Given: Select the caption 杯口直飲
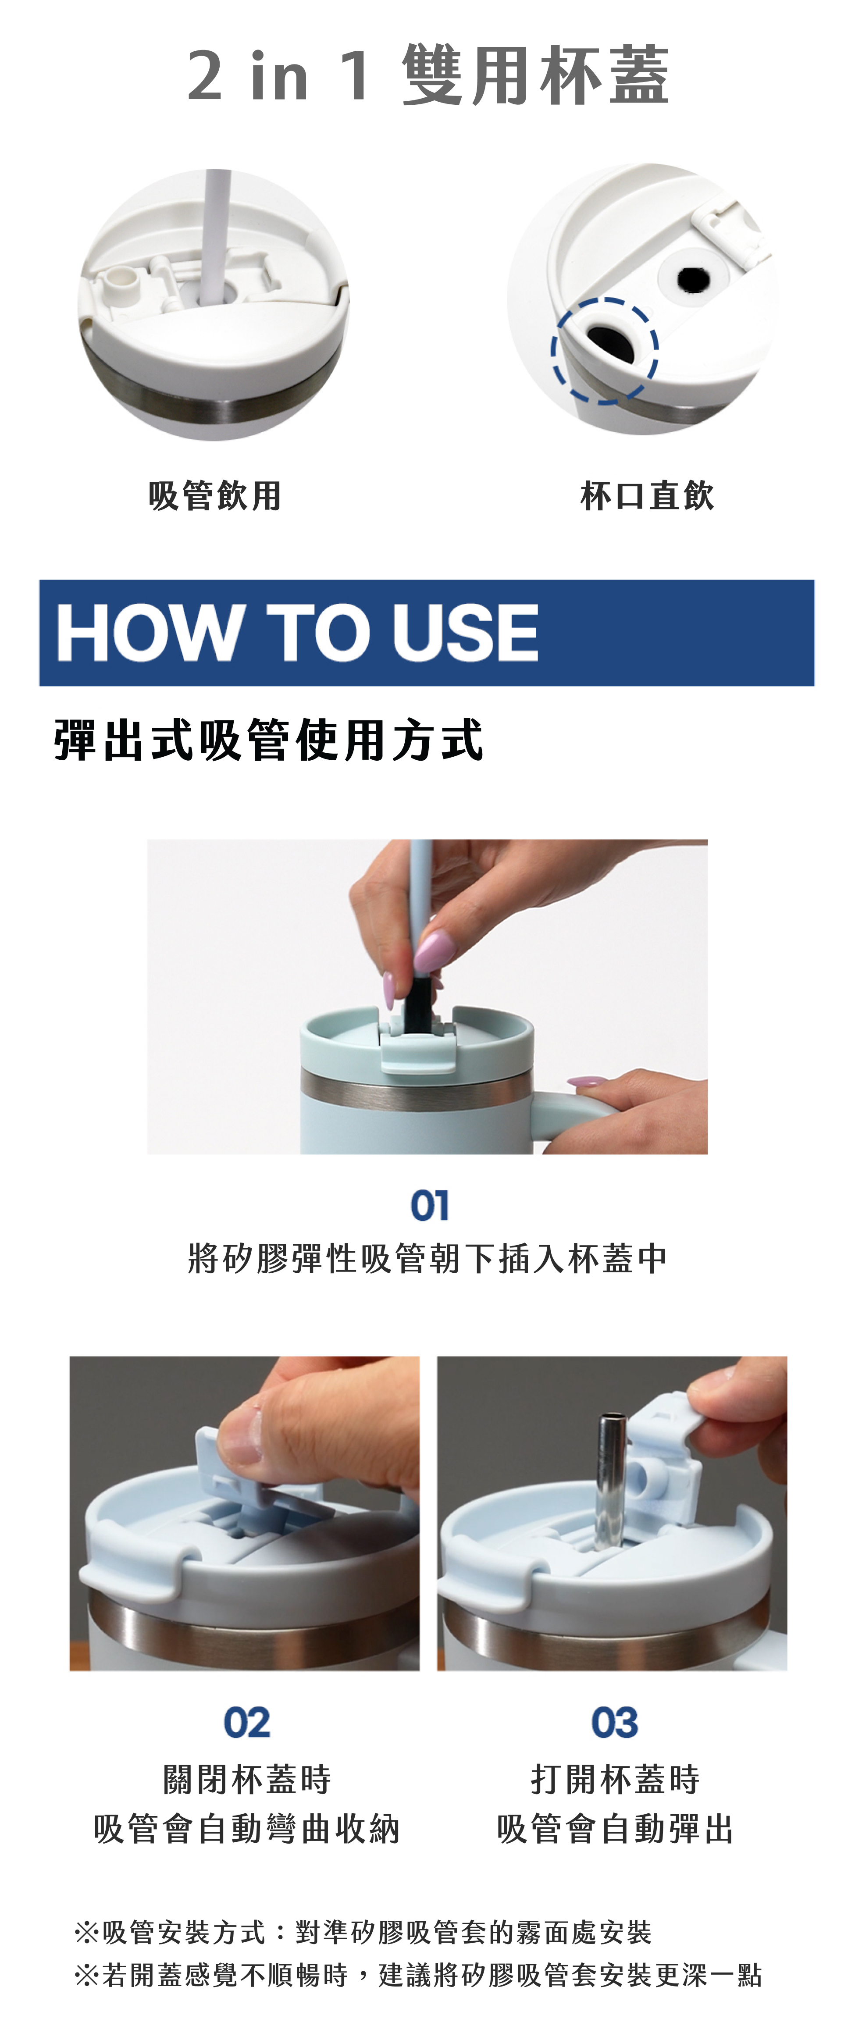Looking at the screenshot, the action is coord(647,495).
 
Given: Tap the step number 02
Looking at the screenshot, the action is coord(246,1722).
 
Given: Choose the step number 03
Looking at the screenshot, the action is coord(614,1722).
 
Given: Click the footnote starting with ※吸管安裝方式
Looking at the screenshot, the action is coord(363,1933).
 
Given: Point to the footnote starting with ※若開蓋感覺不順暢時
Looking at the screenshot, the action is coord(418,1976).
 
